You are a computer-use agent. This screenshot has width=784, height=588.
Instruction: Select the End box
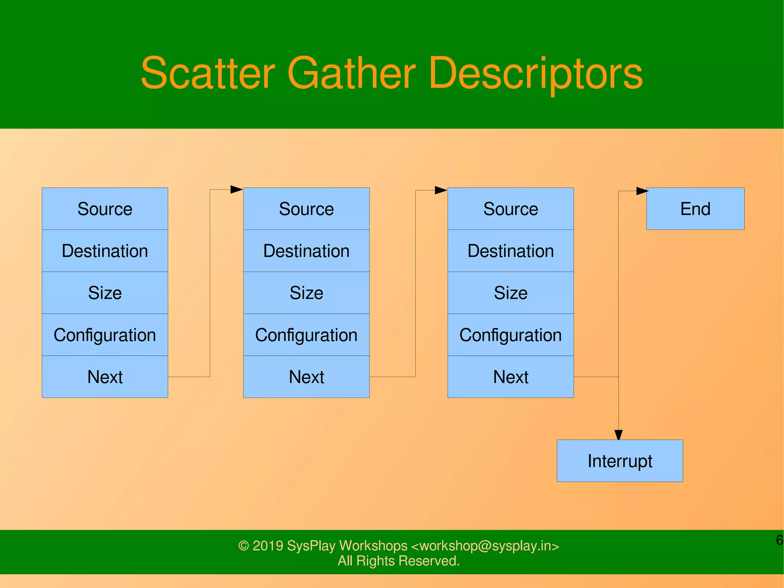point(695,209)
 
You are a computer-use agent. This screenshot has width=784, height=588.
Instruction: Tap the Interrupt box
point(619,461)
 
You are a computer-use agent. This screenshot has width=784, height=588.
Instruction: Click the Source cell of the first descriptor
point(105,209)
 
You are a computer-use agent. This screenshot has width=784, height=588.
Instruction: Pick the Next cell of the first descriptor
point(105,377)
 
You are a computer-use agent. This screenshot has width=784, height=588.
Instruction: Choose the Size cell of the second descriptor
point(306,293)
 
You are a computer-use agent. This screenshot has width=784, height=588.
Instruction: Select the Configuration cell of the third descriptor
point(510,335)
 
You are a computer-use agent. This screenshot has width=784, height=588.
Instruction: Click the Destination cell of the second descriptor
point(306,251)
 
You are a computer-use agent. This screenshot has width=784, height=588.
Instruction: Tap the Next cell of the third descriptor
point(510,377)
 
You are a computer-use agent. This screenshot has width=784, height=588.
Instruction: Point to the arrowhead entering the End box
point(642,191)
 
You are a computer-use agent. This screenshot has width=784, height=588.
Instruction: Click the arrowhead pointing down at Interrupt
point(619,435)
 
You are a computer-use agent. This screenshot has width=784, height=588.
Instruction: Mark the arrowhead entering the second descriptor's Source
point(237,189)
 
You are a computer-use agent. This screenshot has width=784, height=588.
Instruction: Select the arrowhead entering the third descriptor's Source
point(441,190)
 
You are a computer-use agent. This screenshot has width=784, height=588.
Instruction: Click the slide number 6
point(779,540)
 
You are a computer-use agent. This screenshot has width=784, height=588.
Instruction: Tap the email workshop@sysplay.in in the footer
point(485,545)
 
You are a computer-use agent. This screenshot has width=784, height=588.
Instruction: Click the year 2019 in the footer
point(268,545)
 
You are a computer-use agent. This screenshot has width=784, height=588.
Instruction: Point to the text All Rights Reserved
point(399,561)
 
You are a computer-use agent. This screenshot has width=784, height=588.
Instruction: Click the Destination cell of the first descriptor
point(105,251)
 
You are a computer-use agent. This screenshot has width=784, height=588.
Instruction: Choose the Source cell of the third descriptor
point(510,209)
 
